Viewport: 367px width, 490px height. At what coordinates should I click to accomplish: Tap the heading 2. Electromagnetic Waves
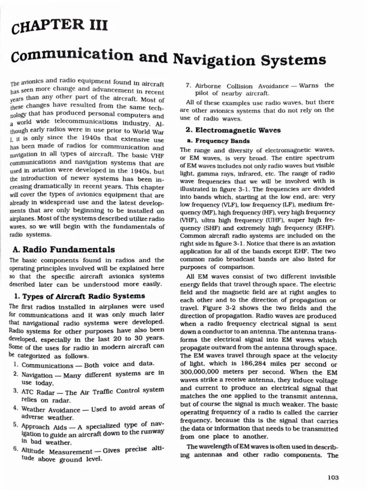click(x=227, y=130)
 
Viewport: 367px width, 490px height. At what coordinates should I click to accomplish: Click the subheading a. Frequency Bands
click(x=218, y=141)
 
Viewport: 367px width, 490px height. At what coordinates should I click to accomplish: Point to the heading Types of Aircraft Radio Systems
click(x=82, y=296)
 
